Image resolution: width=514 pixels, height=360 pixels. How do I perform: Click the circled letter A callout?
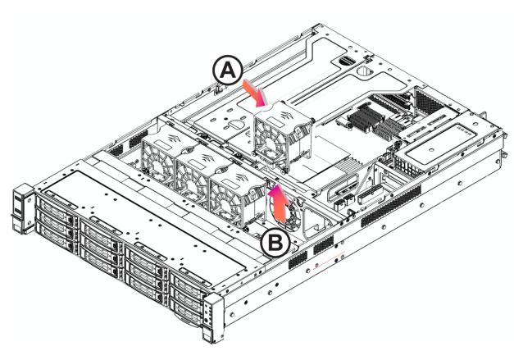[x=228, y=71]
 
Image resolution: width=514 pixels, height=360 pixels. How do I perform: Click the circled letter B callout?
[x=275, y=244]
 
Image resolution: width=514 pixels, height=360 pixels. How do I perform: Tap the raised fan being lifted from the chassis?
[x=282, y=134]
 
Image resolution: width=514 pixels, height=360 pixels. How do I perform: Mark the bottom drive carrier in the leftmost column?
[x=56, y=235]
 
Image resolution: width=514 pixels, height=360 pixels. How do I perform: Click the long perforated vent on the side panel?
[x=391, y=206]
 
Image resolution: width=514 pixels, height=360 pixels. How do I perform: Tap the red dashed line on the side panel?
[x=329, y=260]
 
